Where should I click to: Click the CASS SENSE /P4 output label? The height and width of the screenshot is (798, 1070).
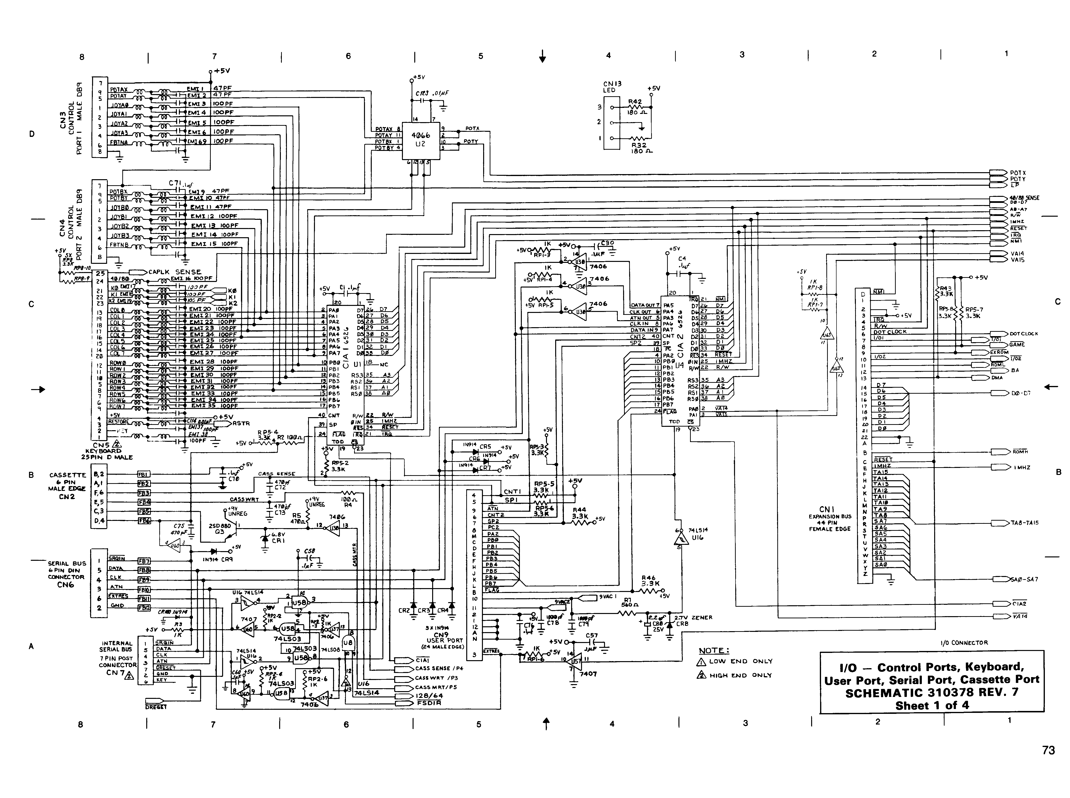(439, 669)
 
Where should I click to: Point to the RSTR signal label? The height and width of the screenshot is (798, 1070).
(241, 424)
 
